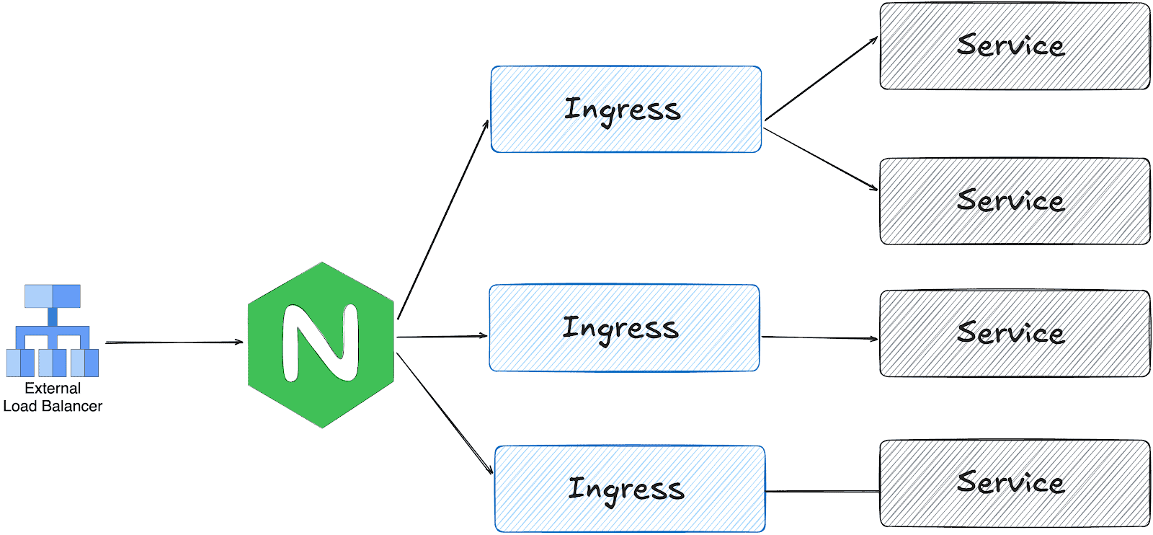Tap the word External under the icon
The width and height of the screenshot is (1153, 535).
point(53,388)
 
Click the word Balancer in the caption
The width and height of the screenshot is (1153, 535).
point(72,406)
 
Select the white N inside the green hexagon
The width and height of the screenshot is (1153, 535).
point(320,342)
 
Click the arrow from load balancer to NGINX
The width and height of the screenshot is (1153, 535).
point(173,342)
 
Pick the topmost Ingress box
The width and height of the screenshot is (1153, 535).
point(626,110)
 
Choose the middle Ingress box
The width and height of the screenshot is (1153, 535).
point(624,328)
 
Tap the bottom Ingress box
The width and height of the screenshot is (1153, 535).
point(630,489)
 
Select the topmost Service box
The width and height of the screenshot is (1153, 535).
point(1014,46)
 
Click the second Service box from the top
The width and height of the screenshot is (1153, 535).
point(1014,201)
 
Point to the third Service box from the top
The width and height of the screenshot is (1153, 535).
point(1014,333)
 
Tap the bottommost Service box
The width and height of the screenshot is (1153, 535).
point(1014,483)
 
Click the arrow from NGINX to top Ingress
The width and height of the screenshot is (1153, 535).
point(442,220)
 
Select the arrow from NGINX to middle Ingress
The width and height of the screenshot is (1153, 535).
point(441,336)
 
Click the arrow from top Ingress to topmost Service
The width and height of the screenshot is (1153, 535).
point(821,78)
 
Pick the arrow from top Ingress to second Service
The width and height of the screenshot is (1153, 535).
point(820,159)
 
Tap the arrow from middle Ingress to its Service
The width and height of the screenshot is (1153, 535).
point(819,337)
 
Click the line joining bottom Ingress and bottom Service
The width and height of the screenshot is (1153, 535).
point(822,492)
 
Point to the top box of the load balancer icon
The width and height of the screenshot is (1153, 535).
point(53,296)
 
